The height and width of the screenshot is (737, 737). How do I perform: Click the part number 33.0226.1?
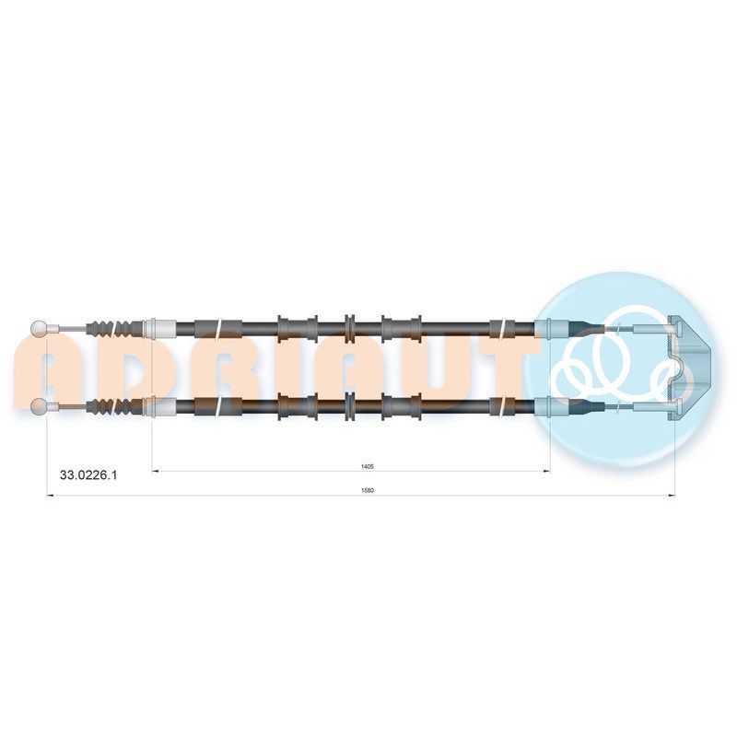pos(88,475)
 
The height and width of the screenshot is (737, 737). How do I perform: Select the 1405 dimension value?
pos(367,467)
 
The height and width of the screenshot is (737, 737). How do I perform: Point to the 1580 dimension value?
pos(367,491)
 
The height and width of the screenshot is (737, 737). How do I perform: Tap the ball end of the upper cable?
pos(39,328)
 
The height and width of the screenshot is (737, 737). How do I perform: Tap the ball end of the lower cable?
pos(39,406)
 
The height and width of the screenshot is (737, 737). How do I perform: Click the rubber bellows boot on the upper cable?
pos(114,328)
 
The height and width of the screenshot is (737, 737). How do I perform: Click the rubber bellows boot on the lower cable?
pos(114,406)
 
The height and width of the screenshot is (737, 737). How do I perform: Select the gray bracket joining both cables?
pos(689,367)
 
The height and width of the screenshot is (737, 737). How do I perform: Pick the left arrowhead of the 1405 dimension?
pos(156,471)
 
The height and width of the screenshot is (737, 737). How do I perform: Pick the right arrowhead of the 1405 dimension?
pos(546,471)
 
